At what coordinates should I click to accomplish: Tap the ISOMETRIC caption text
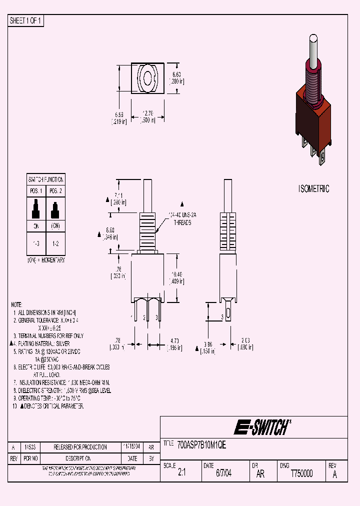[x=313, y=189]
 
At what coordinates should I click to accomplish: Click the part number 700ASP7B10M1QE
[x=201, y=444]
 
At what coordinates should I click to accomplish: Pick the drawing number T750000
[x=301, y=474]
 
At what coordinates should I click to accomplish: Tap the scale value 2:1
[x=181, y=474]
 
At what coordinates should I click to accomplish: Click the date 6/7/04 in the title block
[x=223, y=474]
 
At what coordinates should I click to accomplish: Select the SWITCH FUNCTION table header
[x=45, y=179]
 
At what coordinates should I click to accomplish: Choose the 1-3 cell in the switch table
[x=36, y=243]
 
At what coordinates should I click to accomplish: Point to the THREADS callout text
[x=182, y=223]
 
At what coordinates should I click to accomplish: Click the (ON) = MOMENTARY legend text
[x=45, y=260]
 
